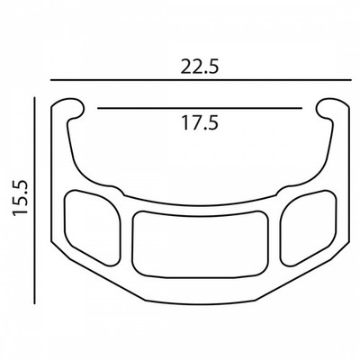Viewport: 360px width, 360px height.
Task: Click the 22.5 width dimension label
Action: (200, 67)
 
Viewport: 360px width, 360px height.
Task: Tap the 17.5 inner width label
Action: (200, 123)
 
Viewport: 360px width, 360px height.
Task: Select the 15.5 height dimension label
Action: (21, 197)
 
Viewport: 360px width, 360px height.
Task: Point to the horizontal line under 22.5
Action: (201, 80)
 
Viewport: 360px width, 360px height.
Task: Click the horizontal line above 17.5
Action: (200, 108)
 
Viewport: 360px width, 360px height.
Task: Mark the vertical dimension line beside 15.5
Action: (35, 201)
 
